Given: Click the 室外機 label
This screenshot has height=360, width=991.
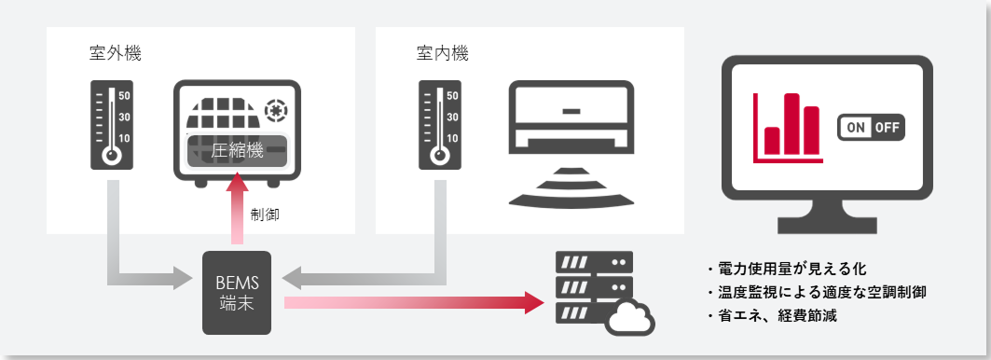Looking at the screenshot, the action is pyautogui.click(x=115, y=53).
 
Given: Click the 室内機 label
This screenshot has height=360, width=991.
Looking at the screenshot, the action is pyautogui.click(x=443, y=53).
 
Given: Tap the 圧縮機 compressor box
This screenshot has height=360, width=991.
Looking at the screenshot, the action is pyautogui.click(x=237, y=151).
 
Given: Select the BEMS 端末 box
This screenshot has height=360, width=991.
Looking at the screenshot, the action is pyautogui.click(x=237, y=292).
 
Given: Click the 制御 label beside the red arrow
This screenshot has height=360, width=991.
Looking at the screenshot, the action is pyautogui.click(x=264, y=215).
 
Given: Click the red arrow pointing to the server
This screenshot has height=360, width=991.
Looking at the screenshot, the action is pyautogui.click(x=414, y=303).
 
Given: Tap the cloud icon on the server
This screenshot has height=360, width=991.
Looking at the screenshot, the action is pyautogui.click(x=630, y=318).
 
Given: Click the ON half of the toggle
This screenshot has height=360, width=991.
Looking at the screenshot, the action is pyautogui.click(x=855, y=128).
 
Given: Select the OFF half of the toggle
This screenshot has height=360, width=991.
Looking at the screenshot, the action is pyautogui.click(x=887, y=128).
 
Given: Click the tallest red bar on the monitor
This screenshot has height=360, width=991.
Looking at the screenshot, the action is pyautogui.click(x=791, y=124).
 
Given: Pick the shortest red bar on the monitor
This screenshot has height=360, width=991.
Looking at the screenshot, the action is pyautogui.click(x=772, y=141).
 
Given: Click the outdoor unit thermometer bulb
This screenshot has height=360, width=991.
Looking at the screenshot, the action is pyautogui.click(x=112, y=155).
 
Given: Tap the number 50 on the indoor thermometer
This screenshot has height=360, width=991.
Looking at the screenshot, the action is pyautogui.click(x=452, y=96).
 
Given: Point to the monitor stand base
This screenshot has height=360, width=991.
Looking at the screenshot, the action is pyautogui.click(x=827, y=226).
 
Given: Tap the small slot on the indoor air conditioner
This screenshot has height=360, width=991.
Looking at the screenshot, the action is pyautogui.click(x=571, y=111).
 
